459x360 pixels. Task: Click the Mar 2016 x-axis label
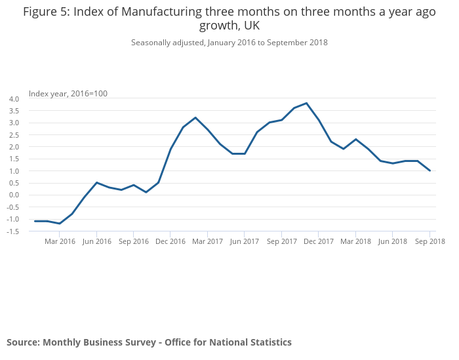click(x=60, y=241)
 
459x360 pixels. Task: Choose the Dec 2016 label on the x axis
click(x=170, y=241)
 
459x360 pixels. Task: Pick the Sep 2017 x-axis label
click(x=281, y=241)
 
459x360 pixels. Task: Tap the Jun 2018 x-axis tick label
click(x=392, y=241)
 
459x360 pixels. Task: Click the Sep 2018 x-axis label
click(x=429, y=241)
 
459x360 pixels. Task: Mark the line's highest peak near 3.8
click(x=306, y=103)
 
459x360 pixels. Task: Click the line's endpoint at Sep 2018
click(x=429, y=170)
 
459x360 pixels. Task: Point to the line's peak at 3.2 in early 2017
click(x=195, y=117)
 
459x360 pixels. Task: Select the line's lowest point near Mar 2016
click(x=60, y=224)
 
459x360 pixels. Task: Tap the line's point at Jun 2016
click(x=96, y=182)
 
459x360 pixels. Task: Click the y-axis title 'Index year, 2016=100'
click(x=68, y=93)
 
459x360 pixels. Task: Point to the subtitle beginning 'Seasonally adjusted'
click(x=229, y=43)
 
